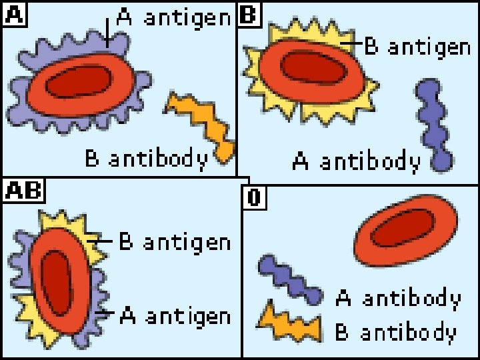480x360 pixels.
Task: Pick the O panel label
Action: (x=253, y=197)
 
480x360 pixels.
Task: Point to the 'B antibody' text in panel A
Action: (x=146, y=158)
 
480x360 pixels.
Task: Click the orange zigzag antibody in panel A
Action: (x=201, y=123)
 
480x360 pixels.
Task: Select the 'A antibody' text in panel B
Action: (x=357, y=161)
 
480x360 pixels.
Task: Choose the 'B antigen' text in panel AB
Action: (x=175, y=241)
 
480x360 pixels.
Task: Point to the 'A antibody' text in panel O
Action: (x=397, y=298)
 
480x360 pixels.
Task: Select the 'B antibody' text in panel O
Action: (x=396, y=332)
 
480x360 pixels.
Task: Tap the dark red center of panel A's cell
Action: (x=79, y=83)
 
